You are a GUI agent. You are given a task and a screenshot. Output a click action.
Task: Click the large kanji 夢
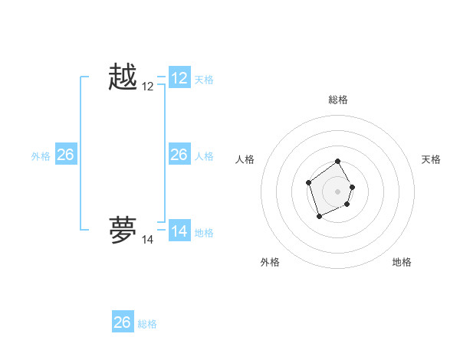tap(123, 231)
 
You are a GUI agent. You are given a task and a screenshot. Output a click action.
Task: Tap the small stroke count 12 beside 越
tap(147, 87)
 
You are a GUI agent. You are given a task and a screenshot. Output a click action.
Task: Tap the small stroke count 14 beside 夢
tap(147, 240)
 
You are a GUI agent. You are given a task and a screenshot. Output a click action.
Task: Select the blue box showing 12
tap(179, 78)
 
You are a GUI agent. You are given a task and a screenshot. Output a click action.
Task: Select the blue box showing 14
tap(179, 231)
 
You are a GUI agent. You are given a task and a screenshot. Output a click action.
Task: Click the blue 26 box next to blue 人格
tap(179, 155)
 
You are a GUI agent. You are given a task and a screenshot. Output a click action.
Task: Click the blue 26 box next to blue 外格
tap(65, 155)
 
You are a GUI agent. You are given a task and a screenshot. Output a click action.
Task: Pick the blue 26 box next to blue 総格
tap(122, 322)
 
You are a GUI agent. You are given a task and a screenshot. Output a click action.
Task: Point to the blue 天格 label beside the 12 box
tap(204, 79)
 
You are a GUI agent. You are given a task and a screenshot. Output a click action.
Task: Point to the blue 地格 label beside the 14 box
tap(204, 232)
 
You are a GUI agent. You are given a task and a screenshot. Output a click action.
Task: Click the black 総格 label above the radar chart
tap(338, 100)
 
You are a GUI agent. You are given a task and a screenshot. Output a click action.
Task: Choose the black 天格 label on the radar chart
tap(431, 159)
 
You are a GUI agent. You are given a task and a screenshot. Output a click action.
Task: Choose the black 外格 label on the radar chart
tap(270, 262)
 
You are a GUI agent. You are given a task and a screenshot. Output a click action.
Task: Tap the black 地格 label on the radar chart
tap(402, 262)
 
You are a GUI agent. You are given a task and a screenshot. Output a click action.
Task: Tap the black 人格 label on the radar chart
tap(245, 159)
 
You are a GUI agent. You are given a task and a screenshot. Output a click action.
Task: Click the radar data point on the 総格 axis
tap(338, 162)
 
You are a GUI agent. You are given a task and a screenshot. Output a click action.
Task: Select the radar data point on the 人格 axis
tap(308, 182)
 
